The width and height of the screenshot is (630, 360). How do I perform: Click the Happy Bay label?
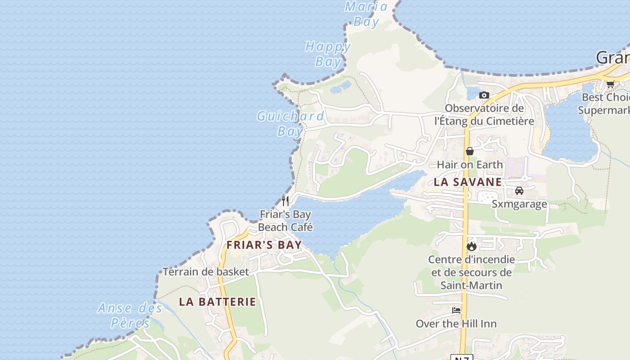coord(328,54)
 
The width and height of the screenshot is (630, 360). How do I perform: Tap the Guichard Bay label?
coord(290,123)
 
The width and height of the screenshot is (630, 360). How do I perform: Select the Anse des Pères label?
coord(130,315)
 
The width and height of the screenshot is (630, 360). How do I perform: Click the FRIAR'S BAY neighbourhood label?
coord(264,245)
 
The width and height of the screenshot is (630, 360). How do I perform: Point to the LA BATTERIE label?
coord(217,301)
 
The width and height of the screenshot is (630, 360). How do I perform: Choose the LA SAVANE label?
coord(468,182)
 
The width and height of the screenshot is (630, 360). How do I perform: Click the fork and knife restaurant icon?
coord(285,201)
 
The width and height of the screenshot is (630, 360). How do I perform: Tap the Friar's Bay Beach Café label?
coord(285,220)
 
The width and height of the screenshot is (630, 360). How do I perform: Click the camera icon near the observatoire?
coord(484,95)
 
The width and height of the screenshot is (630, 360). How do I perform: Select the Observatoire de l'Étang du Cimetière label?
coord(484,115)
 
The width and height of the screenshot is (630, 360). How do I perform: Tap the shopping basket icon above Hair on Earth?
coord(470,151)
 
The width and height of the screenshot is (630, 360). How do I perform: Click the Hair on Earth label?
coord(470,164)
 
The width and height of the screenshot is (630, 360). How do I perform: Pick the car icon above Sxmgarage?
coord(519,191)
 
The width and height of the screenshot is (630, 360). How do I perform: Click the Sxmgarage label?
coord(519,204)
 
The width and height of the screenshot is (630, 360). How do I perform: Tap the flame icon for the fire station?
coord(472,246)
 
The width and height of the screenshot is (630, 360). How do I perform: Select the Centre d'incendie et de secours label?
coord(472,272)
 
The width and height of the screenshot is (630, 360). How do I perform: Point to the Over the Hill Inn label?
coord(456,324)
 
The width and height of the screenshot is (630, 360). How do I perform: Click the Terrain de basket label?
coord(206,271)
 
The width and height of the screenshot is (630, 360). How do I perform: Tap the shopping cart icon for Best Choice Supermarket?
coord(610,84)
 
